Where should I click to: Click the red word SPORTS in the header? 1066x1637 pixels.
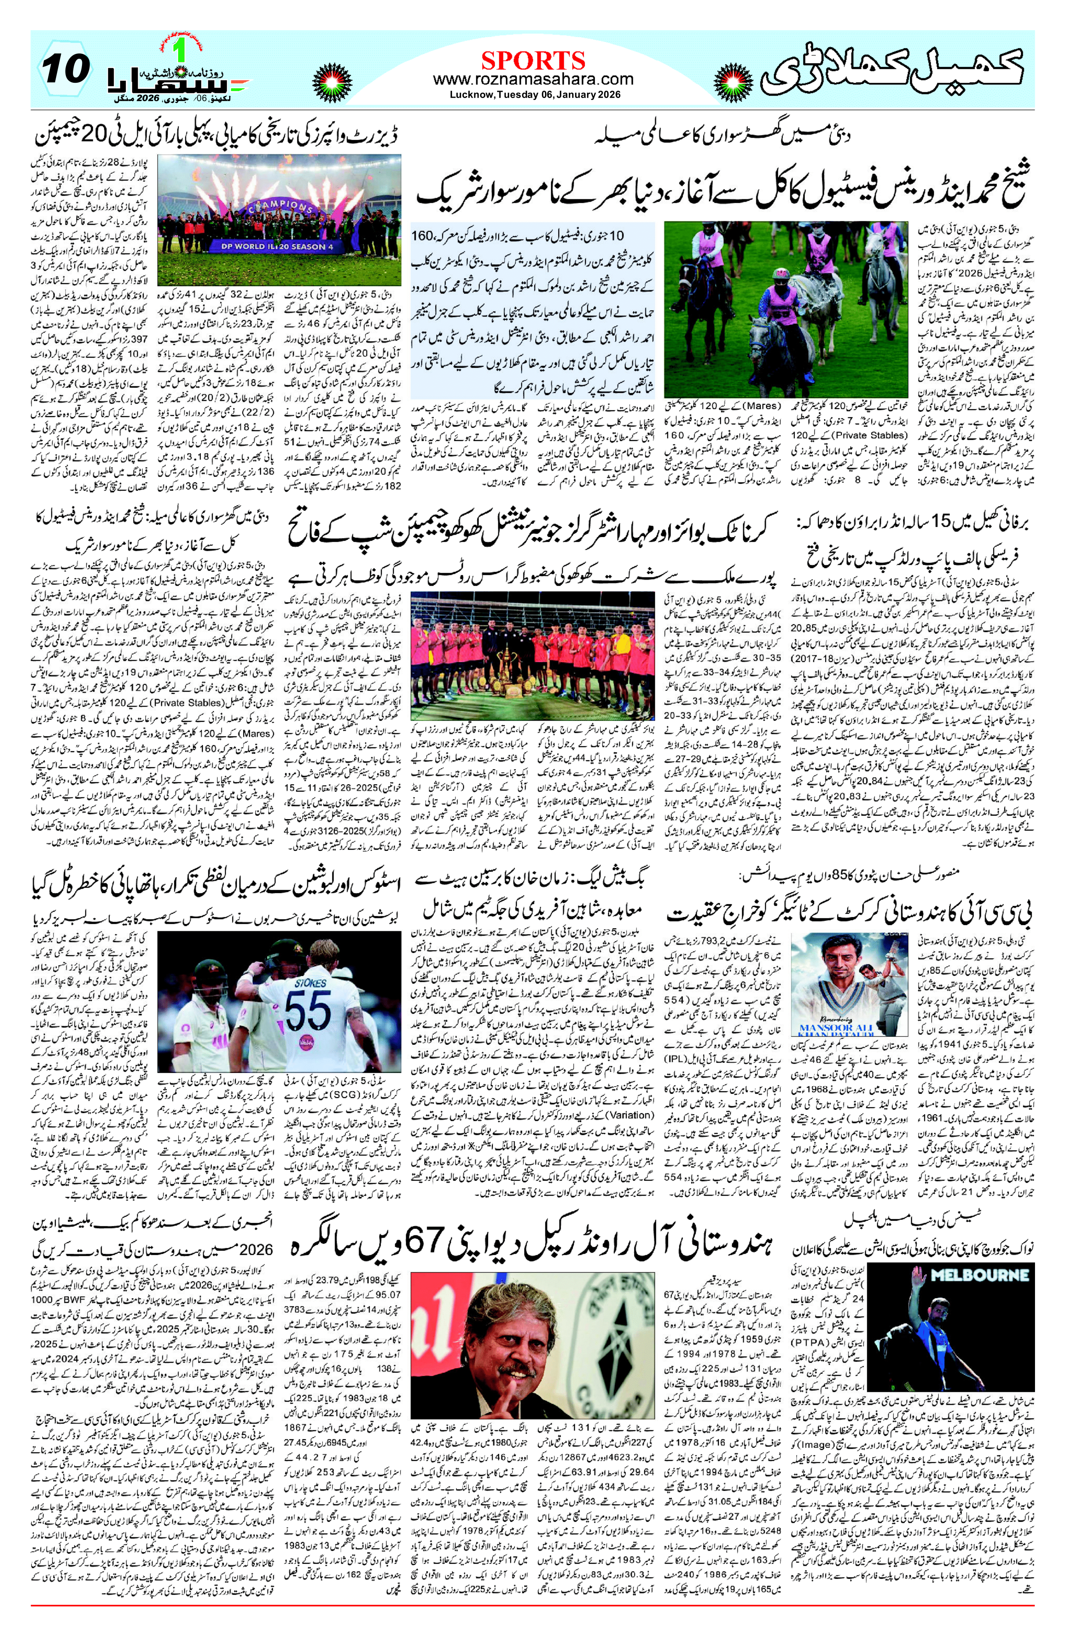pyautogui.click(x=533, y=60)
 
